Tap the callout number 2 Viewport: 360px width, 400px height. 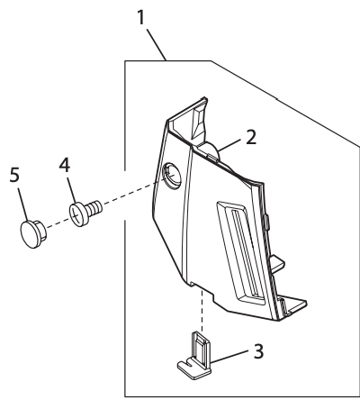(252, 137)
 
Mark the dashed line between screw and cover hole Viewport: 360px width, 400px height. (130, 191)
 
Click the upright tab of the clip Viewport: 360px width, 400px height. (200, 344)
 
